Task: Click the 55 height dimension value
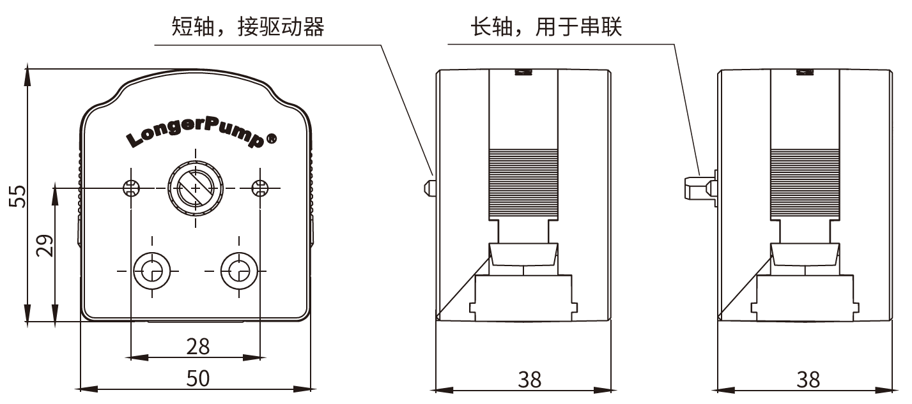[19, 196]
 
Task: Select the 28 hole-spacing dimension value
[198, 346]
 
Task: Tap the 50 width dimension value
[198, 378]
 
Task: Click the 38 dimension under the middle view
[530, 379]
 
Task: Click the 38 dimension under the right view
[808, 379]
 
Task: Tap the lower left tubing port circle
[151, 271]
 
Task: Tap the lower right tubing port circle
[238, 271]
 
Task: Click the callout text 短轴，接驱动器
[248, 27]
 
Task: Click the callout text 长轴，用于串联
[546, 27]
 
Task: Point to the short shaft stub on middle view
[428, 187]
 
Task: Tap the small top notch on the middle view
[523, 71]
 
